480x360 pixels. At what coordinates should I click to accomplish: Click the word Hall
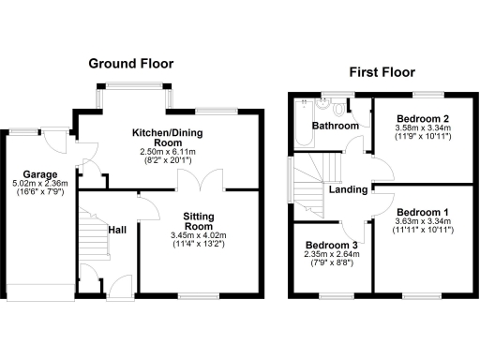(117, 229)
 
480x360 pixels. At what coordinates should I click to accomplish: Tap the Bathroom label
(335, 126)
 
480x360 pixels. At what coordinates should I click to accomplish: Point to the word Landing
(347, 190)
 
